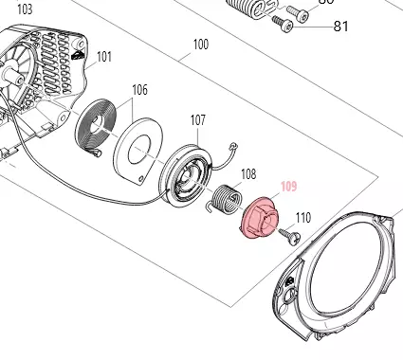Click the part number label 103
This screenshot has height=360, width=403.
pyautogui.click(x=25, y=9)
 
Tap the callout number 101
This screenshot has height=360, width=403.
pyautogui.click(x=103, y=57)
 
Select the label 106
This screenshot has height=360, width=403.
pyautogui.click(x=139, y=90)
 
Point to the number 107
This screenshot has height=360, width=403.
pyautogui.click(x=197, y=120)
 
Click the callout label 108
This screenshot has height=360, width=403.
pyautogui.click(x=248, y=174)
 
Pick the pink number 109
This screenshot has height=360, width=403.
pyautogui.click(x=288, y=188)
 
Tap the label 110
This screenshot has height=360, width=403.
pyautogui.click(x=302, y=218)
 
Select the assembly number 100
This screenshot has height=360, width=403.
pyautogui.click(x=201, y=45)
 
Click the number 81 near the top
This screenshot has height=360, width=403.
pyautogui.click(x=340, y=26)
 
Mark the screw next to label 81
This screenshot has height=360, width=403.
pyautogui.click(x=285, y=23)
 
